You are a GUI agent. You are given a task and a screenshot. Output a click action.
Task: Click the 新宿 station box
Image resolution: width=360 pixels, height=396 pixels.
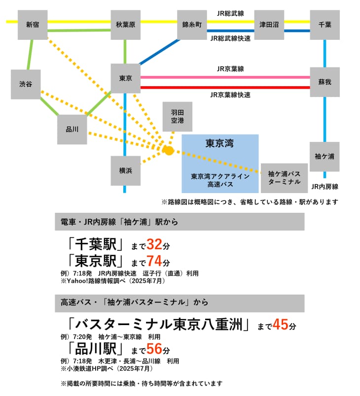pos(32,25)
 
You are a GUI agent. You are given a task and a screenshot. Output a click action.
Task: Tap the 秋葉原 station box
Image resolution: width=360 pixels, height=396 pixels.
pos(125,25)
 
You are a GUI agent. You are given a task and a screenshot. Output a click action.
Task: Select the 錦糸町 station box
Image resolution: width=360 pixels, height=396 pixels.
pos(192,25)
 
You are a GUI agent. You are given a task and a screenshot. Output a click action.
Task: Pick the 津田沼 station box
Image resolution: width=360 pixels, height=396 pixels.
pos(269,25)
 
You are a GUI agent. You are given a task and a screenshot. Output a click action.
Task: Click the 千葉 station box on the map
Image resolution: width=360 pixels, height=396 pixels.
pos(324,25)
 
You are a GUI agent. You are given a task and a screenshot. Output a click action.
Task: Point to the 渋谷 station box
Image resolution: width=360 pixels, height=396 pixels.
pos(26,84)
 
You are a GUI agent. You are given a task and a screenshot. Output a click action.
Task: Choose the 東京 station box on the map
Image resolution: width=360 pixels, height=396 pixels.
pos(125,78)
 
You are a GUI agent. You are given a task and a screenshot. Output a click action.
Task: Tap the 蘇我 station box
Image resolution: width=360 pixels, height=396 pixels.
pos(324,82)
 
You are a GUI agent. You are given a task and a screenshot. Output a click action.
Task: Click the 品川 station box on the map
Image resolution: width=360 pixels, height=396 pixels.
pos(72,130)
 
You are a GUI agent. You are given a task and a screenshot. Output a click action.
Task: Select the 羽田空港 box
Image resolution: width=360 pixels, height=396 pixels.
pos(177,117)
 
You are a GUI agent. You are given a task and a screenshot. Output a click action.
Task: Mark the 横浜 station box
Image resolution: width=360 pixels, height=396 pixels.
pos(125,170)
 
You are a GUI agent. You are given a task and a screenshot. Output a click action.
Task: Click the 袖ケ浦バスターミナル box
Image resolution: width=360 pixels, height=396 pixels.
pos(284,178)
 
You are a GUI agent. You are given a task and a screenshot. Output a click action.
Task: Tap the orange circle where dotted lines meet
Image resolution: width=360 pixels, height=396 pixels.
pos(169,150)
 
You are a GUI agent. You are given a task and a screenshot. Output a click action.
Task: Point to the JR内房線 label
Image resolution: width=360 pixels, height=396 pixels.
pos(324,187)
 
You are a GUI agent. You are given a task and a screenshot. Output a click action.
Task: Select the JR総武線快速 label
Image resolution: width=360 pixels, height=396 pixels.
pos(230,38)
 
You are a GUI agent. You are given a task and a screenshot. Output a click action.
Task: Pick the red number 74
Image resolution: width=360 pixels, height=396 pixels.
pos(154,261)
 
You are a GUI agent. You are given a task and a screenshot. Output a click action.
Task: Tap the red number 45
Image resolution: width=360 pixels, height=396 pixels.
pos(280,325)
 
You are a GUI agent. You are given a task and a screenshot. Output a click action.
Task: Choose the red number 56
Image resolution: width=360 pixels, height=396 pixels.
pos(154,350)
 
